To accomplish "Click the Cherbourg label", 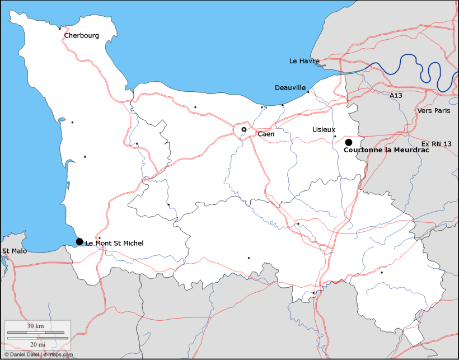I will pos(81,35).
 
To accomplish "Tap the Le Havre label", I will pos(304,60).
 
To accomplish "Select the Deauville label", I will pos(290,88).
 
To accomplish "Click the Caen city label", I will pos(265,134).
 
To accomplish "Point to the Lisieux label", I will pos(324,129).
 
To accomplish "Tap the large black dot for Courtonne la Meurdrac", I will pos(348,142).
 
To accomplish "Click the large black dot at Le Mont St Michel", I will pos(79,242).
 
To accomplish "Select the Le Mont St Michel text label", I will pos(114,243).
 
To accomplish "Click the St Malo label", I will pos(14,251).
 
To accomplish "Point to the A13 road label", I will pos(396,96).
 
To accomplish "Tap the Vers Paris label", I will pos(433,111).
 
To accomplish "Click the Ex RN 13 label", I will pos(436,144).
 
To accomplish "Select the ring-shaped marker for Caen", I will pos(243,129).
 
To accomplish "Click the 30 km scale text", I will pos(35,326).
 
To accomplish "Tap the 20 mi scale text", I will pos(38,344).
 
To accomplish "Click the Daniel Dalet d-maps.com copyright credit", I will pos(38,354).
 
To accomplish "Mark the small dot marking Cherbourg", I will pos(60,29).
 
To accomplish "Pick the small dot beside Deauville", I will pos(308,92).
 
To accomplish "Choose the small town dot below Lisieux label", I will pos(335,136).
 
